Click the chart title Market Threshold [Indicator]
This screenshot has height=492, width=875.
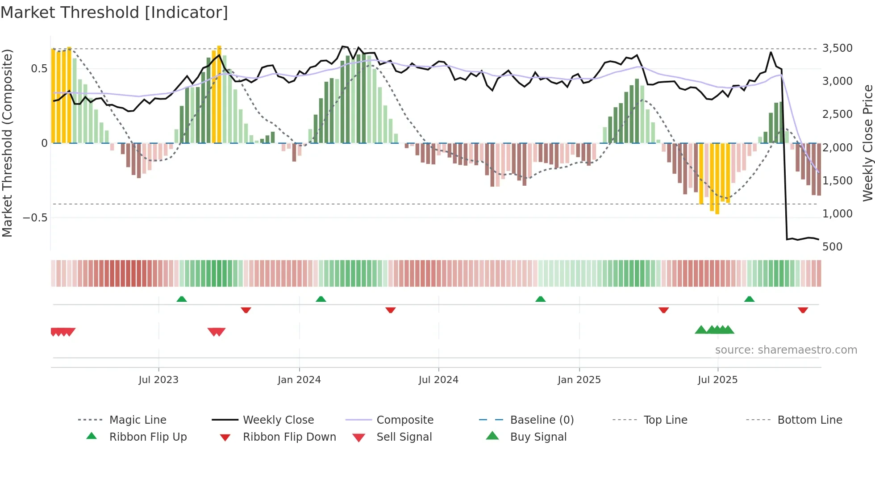pyautogui.click(x=114, y=13)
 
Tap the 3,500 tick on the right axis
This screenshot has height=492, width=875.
pyautogui.click(x=837, y=48)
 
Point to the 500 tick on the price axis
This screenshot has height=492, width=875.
pyautogui.click(x=832, y=247)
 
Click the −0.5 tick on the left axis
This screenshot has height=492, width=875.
pyautogui.click(x=35, y=218)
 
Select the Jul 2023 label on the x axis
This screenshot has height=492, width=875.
pyautogui.click(x=158, y=380)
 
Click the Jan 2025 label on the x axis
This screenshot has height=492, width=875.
pyautogui.click(x=579, y=380)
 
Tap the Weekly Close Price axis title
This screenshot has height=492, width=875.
pyautogui.click(x=867, y=143)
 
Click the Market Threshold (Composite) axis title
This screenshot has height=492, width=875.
pyautogui.click(x=7, y=143)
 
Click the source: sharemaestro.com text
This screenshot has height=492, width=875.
pyautogui.click(x=786, y=350)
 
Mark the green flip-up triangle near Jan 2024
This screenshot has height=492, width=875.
pyautogui.click(x=321, y=299)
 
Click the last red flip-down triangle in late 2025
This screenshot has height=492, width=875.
pyautogui.click(x=803, y=310)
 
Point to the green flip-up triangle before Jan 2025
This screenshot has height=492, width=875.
pyautogui.click(x=540, y=299)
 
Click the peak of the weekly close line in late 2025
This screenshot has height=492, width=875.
pyautogui.click(x=771, y=52)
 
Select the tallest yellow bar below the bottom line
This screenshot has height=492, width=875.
pyautogui.click(x=717, y=179)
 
